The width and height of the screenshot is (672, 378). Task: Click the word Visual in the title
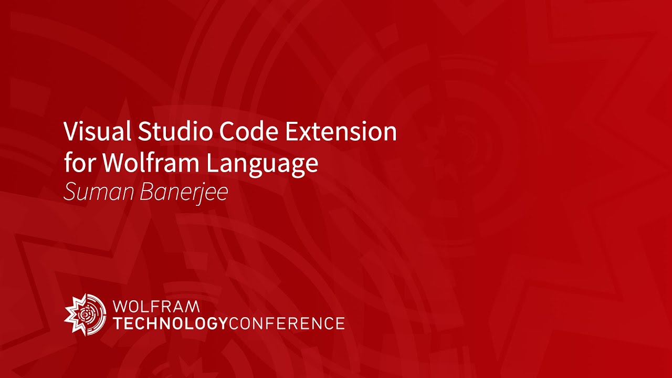tap(97, 131)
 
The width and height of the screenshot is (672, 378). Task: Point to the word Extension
tap(341, 131)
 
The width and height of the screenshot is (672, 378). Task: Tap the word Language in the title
tap(261, 164)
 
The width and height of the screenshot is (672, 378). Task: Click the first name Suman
tap(98, 193)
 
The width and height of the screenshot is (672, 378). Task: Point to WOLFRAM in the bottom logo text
tap(156, 306)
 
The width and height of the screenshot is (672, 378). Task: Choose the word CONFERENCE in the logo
tap(287, 323)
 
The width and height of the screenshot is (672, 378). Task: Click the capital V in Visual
tap(70, 131)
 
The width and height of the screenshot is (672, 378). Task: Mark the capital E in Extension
tap(291, 131)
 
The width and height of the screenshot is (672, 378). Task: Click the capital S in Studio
tap(144, 131)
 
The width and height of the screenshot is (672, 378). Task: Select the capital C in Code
tap(227, 131)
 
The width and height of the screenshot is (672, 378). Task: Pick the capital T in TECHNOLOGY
tap(118, 323)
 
